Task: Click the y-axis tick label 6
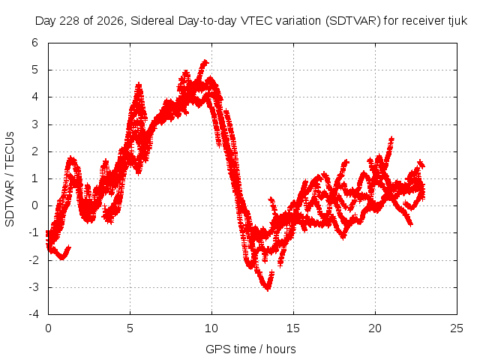tap(34, 43)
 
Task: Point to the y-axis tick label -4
tap(33, 314)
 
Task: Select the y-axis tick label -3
tap(33, 287)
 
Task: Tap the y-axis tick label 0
tap(34, 205)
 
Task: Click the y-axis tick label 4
tap(34, 97)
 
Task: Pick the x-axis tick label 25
tap(457, 328)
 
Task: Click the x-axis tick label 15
tap(293, 328)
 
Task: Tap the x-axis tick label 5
tap(130, 328)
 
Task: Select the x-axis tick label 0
tap(48, 328)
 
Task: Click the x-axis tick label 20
tap(375, 328)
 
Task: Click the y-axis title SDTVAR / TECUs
tap(10, 179)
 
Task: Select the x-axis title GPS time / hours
tap(250, 349)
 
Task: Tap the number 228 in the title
tap(70, 21)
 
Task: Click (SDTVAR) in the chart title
tap(352, 21)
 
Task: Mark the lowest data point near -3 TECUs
tap(268, 289)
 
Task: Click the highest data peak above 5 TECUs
tap(205, 62)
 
